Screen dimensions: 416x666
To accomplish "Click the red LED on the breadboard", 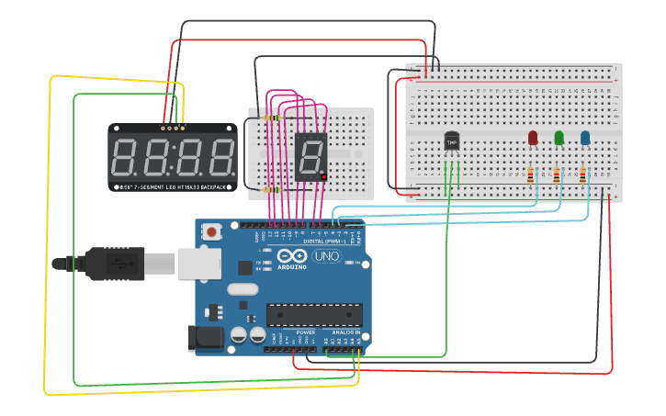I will [532, 138].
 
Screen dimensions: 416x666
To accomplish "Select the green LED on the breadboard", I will [559, 138].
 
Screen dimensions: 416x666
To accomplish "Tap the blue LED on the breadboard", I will [585, 138].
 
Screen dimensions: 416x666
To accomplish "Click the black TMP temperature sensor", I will [451, 141].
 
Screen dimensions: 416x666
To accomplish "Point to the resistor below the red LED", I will [531, 174].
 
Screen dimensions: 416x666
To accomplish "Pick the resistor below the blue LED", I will [584, 174].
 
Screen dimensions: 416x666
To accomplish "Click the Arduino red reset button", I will [212, 232].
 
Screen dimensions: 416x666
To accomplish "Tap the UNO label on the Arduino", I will [327, 256].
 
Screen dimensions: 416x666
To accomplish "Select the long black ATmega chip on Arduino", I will [313, 314].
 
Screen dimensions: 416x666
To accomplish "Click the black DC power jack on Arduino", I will [206, 339].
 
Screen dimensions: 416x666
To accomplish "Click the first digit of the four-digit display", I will [126, 157].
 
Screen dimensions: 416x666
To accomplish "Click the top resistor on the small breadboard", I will [270, 118].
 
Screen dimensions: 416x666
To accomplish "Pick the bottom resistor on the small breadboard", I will [270, 189].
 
